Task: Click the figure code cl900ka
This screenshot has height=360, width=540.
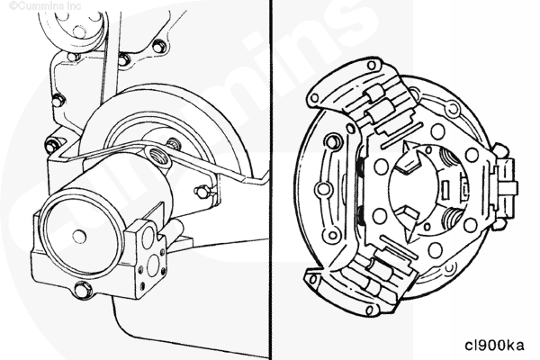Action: (x=494, y=345)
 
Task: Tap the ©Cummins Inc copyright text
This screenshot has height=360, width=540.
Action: (x=45, y=6)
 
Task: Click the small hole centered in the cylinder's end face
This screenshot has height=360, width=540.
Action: (x=79, y=236)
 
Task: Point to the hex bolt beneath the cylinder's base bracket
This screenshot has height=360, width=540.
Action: (x=83, y=289)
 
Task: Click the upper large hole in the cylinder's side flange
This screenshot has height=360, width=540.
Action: (x=148, y=236)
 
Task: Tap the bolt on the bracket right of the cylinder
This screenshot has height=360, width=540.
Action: (x=202, y=191)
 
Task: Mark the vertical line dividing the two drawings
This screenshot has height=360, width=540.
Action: (x=271, y=180)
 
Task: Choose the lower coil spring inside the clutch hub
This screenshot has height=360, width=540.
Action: (x=451, y=220)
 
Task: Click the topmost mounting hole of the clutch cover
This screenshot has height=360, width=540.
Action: (x=372, y=65)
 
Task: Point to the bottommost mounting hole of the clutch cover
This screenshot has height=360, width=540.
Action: (x=369, y=310)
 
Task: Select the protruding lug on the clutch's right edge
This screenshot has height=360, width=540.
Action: (x=505, y=188)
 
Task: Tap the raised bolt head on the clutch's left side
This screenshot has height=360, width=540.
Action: (x=332, y=141)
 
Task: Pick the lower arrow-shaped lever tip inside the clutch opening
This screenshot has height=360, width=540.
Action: (x=408, y=222)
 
